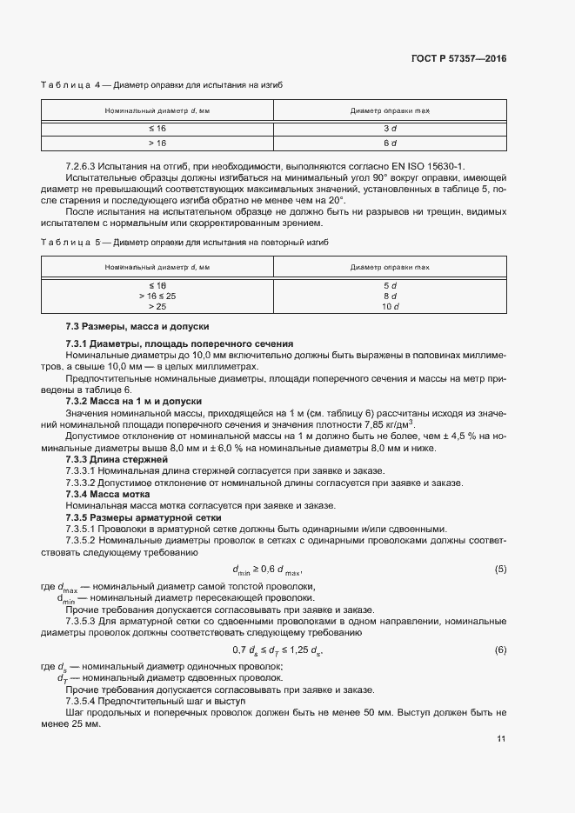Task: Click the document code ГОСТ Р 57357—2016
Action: point(458,59)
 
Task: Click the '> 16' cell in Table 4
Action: point(157,143)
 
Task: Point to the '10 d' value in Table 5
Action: point(390,307)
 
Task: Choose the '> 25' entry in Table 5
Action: point(157,307)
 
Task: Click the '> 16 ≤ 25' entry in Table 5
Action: point(157,297)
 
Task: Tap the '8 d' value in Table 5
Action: point(390,297)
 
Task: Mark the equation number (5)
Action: point(500,570)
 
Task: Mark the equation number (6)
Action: point(500,651)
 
